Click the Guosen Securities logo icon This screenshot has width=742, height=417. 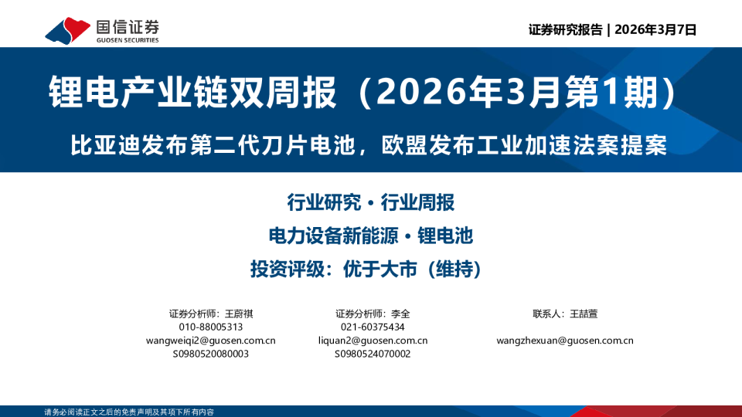click(x=66, y=30)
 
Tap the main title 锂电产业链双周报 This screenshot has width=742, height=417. click(x=193, y=93)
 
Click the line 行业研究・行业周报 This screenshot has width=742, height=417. click(x=370, y=203)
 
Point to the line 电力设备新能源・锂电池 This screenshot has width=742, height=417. click(x=370, y=236)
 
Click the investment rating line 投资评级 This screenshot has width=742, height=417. click(x=370, y=270)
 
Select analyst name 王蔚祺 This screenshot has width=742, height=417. click(x=239, y=314)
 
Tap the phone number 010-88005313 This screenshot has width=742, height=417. click(x=210, y=327)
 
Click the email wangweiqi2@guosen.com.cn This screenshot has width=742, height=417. click(x=210, y=341)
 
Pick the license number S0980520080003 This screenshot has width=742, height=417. click(x=210, y=354)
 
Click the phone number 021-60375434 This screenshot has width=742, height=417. click(x=373, y=327)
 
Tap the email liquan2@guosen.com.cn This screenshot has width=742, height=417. click(x=373, y=341)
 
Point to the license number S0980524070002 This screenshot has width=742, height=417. click(x=373, y=354)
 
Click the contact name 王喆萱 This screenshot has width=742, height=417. click(x=584, y=314)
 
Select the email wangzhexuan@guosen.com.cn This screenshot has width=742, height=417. click(x=565, y=341)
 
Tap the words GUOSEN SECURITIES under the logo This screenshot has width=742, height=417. click(x=128, y=40)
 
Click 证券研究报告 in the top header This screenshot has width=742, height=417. click(x=565, y=30)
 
